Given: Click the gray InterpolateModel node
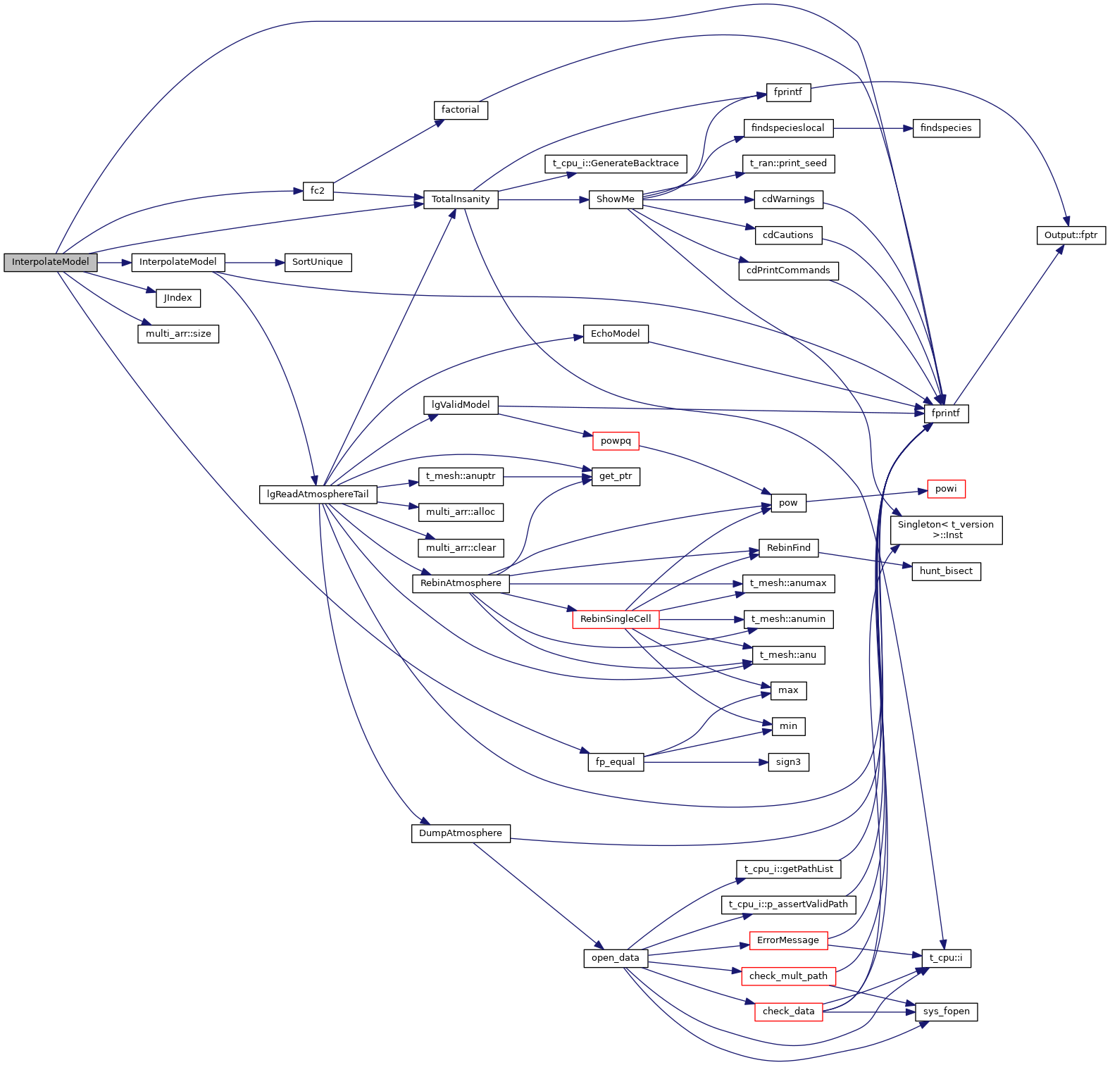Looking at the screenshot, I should tap(50, 262).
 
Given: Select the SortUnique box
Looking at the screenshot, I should tap(317, 262).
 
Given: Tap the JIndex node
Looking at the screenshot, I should tap(177, 298).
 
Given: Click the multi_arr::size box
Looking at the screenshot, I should tap(178, 334).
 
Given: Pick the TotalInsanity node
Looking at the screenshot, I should tap(461, 199).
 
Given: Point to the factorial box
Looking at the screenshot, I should tap(460, 110).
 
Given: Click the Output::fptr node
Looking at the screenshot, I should tap(1071, 235).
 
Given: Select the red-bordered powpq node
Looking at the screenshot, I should tap(616, 441).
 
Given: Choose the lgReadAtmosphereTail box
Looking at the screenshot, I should tap(318, 494).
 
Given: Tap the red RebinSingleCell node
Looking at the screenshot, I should tap(616, 619).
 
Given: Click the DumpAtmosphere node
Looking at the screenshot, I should tap(461, 833).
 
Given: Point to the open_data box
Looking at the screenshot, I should tap(616, 958).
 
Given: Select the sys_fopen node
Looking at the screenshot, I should tap(946, 1011).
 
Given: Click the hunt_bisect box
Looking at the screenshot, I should tap(946, 571).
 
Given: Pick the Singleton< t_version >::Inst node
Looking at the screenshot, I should tap(946, 530).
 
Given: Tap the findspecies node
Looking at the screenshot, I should tap(946, 128).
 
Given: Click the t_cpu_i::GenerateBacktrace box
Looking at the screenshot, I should tap(616, 163).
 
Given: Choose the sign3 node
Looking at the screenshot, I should tap(788, 762).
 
